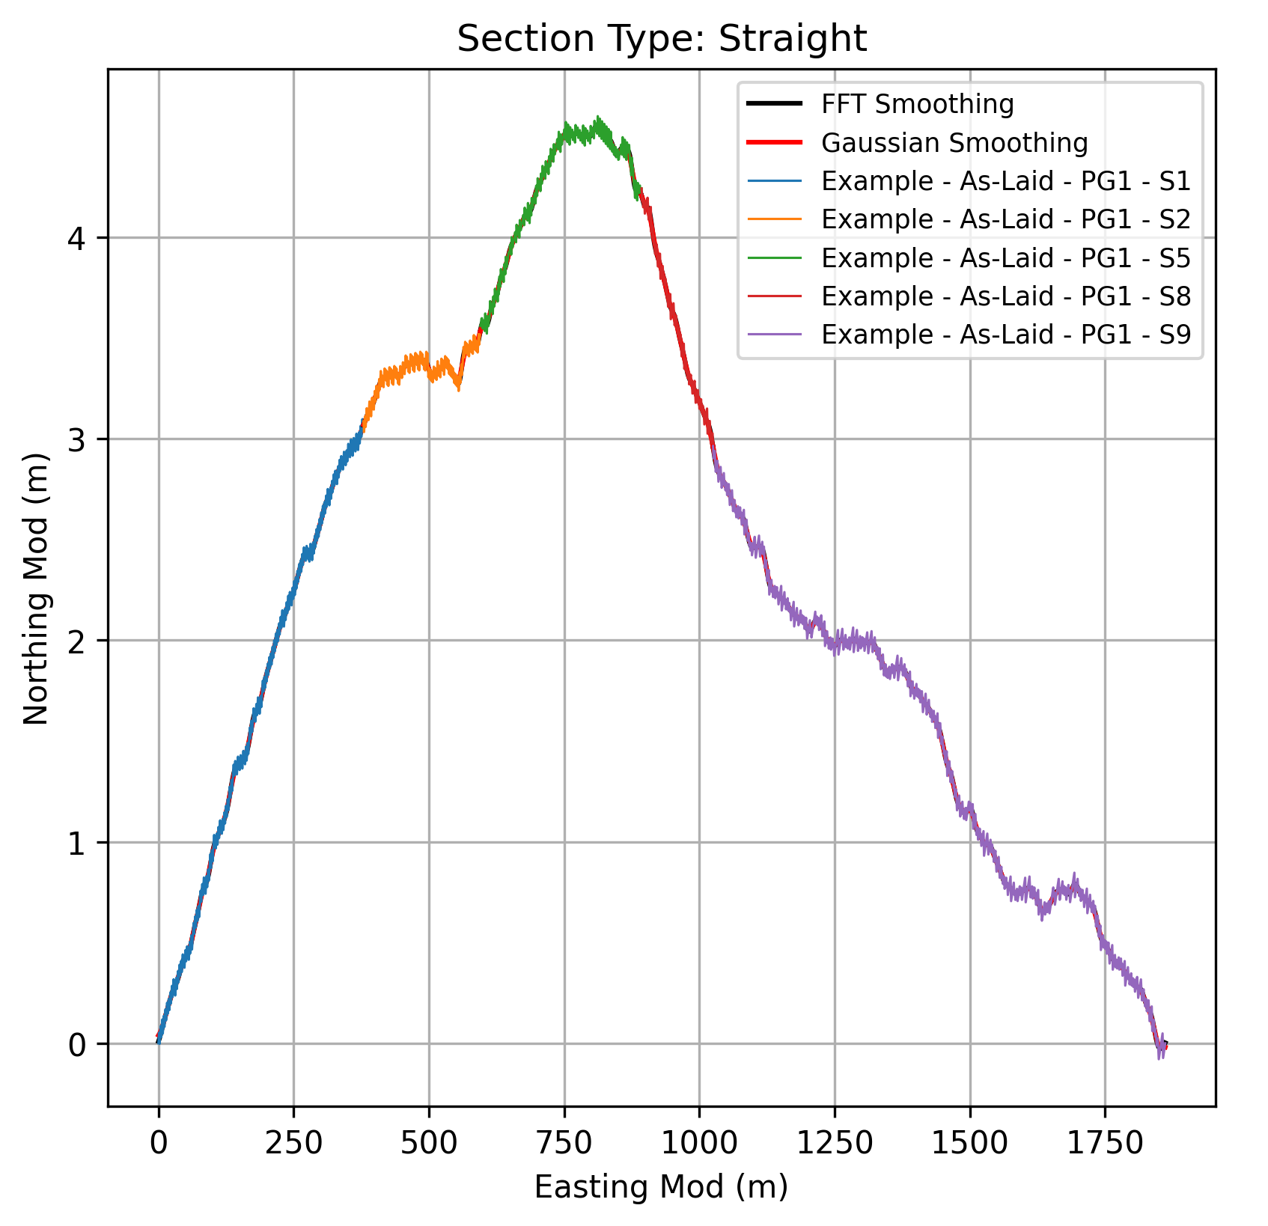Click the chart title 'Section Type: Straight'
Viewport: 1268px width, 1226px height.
pyautogui.click(x=662, y=39)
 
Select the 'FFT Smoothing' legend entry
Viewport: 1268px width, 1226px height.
pyautogui.click(x=917, y=104)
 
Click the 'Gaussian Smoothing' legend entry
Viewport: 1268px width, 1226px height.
pyautogui.click(x=954, y=142)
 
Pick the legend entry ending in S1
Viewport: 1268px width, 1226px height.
pyautogui.click(x=1005, y=181)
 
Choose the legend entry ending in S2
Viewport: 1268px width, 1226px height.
pyautogui.click(x=1005, y=219)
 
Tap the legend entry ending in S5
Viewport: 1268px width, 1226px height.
pyautogui.click(x=1005, y=257)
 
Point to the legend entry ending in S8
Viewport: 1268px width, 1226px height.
pyautogui.click(x=1005, y=296)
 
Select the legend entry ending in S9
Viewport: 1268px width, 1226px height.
pyautogui.click(x=1005, y=335)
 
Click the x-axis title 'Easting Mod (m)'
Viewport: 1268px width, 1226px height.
pyautogui.click(x=661, y=1188)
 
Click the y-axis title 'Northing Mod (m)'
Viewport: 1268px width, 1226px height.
pyautogui.click(x=36, y=588)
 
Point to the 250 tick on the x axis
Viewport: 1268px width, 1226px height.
pyautogui.click(x=293, y=1143)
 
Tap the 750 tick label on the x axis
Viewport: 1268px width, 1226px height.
pyautogui.click(x=564, y=1143)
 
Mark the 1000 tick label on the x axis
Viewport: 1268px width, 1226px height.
pyautogui.click(x=699, y=1143)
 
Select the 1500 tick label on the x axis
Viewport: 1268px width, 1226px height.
pyautogui.click(x=970, y=1143)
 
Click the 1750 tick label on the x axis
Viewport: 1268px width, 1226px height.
pyautogui.click(x=1105, y=1143)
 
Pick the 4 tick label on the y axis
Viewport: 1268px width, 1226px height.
pyautogui.click(x=78, y=238)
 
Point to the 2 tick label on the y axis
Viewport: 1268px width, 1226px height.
pyautogui.click(x=78, y=641)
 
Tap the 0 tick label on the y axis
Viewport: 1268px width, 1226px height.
pyautogui.click(x=78, y=1044)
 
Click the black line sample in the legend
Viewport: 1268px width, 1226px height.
pyautogui.click(x=774, y=104)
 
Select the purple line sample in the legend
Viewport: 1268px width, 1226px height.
pyautogui.click(x=774, y=335)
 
